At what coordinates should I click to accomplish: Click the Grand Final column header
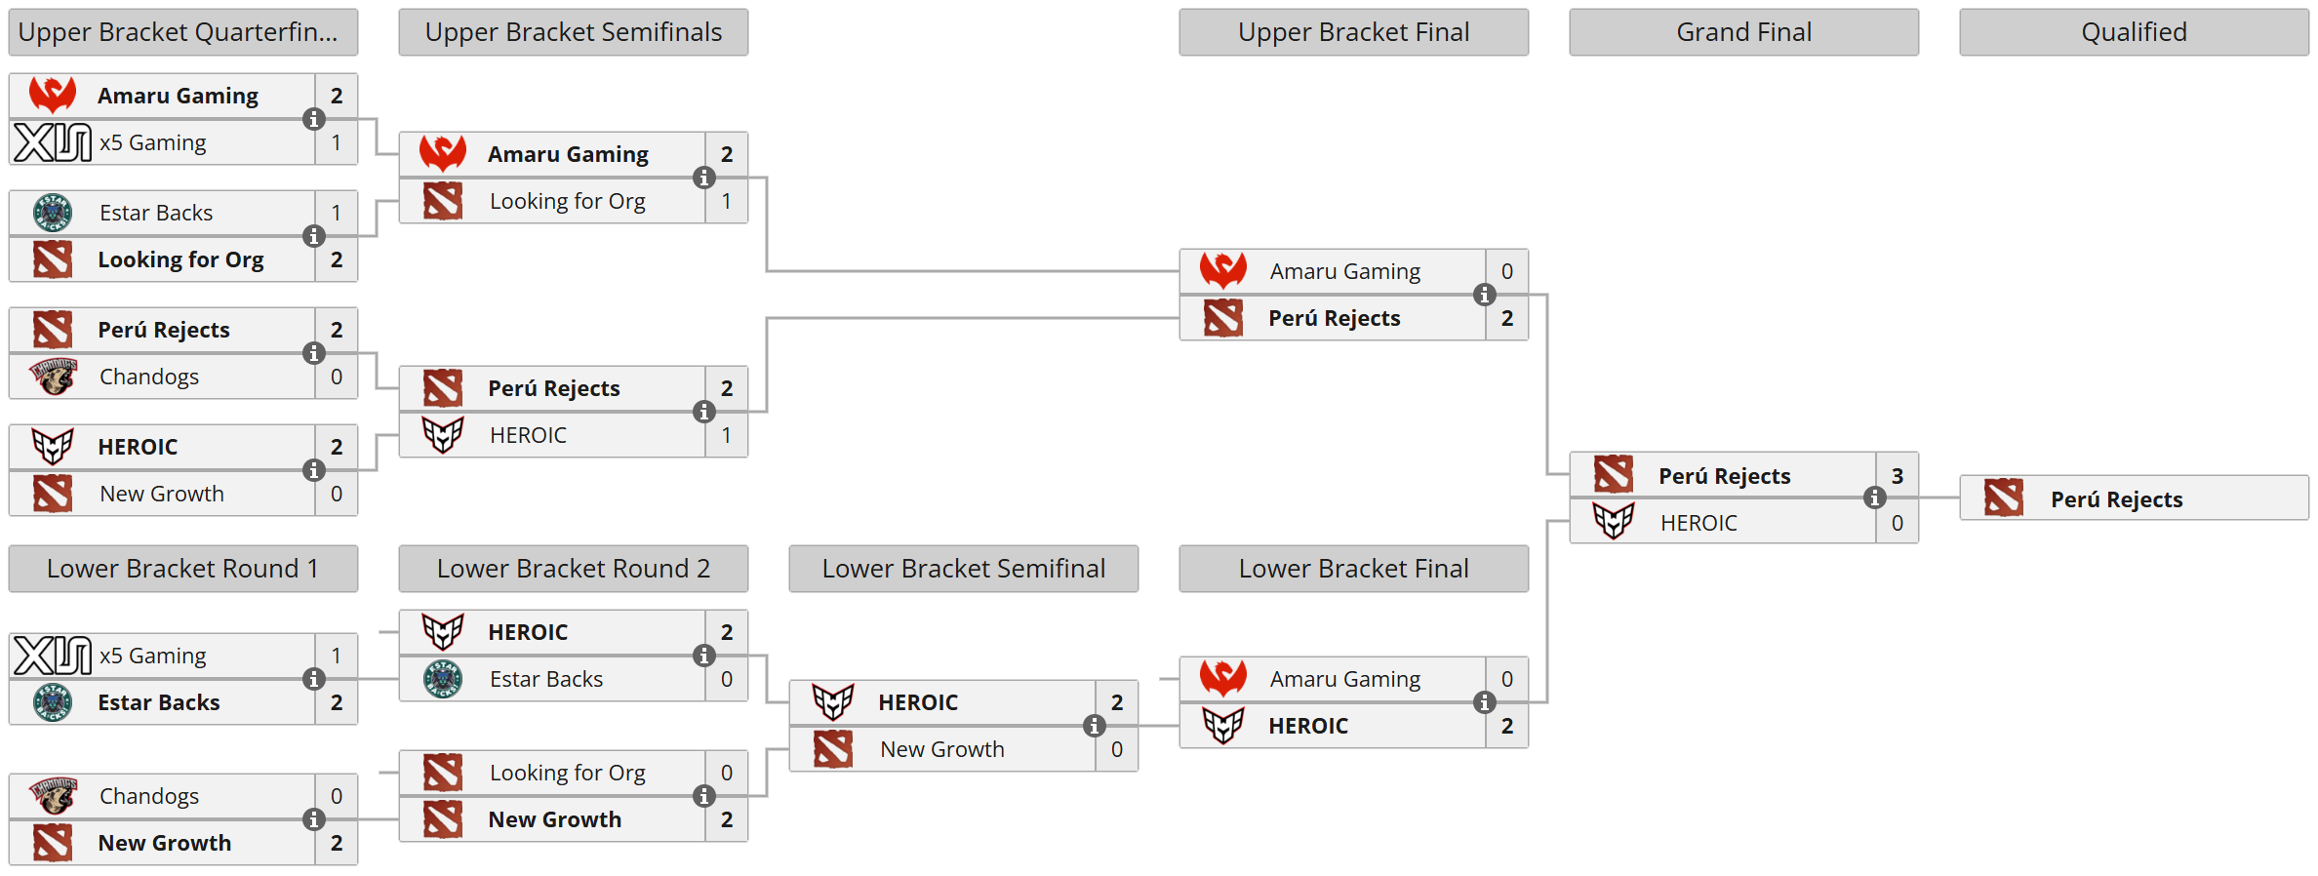point(1743,32)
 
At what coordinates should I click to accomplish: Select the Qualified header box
point(2134,32)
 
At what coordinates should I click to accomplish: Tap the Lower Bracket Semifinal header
point(963,569)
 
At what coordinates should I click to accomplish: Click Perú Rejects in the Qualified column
point(2116,499)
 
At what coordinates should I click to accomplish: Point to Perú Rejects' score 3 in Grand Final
point(1897,476)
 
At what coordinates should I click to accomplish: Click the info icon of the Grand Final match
point(1874,498)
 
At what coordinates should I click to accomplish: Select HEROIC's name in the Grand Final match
point(1699,523)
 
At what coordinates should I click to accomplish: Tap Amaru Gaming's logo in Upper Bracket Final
point(1222,270)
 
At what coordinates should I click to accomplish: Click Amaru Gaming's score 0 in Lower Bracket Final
point(1506,679)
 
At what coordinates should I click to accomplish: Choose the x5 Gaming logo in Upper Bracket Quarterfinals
point(53,142)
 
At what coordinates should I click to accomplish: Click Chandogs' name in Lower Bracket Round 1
point(149,796)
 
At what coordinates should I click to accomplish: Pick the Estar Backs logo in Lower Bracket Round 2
point(443,679)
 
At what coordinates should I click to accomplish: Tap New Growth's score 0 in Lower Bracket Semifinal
point(1116,749)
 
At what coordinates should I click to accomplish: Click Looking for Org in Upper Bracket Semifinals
point(567,201)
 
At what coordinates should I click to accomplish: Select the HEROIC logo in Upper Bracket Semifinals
point(443,435)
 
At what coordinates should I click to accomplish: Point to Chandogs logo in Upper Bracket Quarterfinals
point(53,377)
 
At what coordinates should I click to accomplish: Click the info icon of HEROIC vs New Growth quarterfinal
point(313,470)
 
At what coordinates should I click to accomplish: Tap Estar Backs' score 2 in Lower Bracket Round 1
point(336,702)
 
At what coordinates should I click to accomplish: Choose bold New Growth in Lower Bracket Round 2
point(554,819)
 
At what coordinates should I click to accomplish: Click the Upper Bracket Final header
point(1353,32)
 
